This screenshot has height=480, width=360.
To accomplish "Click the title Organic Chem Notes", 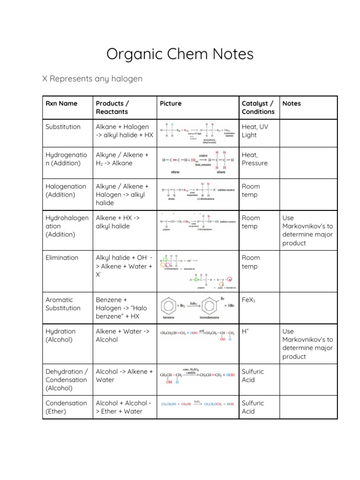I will click(180, 54).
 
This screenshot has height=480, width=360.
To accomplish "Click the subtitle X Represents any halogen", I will click(92, 79).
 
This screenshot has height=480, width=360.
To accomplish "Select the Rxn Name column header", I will click(61, 103).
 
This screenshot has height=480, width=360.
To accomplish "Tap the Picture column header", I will click(170, 103).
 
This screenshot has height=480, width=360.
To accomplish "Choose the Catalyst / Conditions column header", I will click(258, 107).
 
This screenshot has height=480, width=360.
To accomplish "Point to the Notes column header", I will click(292, 103).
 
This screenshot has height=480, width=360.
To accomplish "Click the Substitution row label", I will click(63, 127).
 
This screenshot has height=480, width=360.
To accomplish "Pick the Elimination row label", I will click(62, 257).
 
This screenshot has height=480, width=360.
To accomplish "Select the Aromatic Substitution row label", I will click(63, 304).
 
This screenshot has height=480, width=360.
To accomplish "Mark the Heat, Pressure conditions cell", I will click(255, 159).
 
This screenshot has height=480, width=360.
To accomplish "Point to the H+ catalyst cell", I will click(245, 331).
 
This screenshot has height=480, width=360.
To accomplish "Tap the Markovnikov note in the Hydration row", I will click(307, 344).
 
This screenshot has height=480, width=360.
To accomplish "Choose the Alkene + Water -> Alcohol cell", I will click(123, 335).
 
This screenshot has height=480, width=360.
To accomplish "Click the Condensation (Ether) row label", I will click(66, 407).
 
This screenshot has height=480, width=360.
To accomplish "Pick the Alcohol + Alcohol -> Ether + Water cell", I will click(124, 407).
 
